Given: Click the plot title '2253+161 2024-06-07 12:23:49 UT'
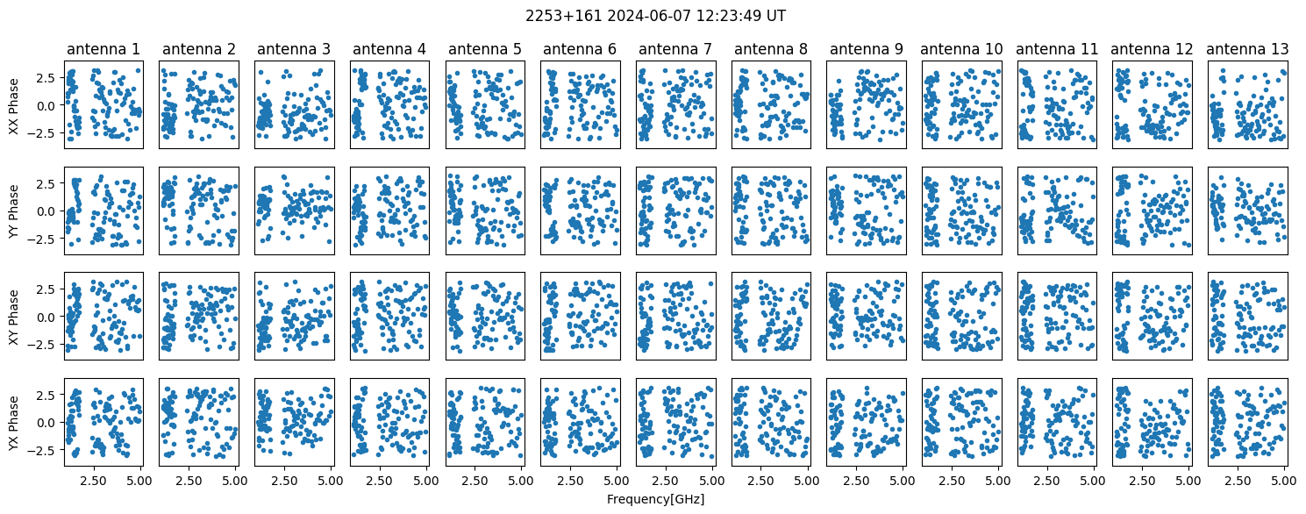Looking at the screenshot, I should [653, 16].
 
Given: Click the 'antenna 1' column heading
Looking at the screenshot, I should [103, 49].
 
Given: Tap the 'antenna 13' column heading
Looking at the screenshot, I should [1246, 49].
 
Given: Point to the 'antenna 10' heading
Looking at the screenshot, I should [960, 49].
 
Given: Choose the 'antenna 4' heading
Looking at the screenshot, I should [389, 49].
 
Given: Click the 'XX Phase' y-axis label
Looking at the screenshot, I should [13, 104].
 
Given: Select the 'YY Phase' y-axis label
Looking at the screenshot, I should [13, 211].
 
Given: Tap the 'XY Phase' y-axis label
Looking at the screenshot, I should [13, 316].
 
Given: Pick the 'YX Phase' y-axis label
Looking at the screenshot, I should [13, 421].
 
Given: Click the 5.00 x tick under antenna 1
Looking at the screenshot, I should [140, 481].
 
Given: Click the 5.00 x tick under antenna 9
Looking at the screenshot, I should [903, 481].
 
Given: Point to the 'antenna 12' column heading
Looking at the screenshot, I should [1152, 49].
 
